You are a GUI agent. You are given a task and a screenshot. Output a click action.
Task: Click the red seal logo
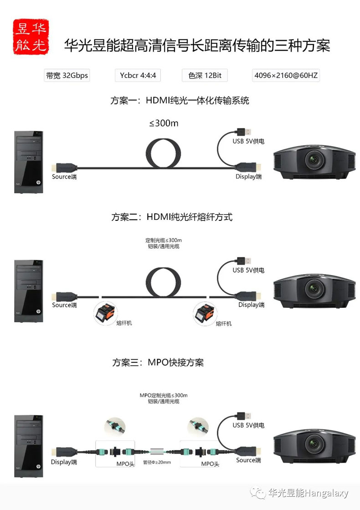[31, 36]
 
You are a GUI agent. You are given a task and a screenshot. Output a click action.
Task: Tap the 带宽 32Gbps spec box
[67, 76]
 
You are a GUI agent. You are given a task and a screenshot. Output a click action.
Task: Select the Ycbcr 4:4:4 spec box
[138, 76]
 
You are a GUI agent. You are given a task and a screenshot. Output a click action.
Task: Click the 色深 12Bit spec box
[205, 76]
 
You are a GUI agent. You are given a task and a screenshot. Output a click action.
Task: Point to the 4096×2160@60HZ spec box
[286, 76]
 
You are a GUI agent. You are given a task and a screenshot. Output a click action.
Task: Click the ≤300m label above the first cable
[164, 123]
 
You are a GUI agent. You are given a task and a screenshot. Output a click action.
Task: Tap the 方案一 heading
[180, 100]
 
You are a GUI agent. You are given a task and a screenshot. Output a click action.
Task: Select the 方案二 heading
[172, 217]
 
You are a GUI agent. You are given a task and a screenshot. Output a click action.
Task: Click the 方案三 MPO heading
[158, 362]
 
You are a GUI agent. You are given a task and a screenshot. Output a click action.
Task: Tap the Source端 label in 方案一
[64, 177]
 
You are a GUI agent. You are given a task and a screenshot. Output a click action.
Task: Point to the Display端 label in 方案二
[251, 305]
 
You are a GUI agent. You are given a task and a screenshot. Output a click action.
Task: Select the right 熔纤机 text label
[224, 324]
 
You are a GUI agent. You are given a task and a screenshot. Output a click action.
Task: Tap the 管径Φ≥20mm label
[157, 462]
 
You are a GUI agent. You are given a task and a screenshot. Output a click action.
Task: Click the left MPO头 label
[125, 464]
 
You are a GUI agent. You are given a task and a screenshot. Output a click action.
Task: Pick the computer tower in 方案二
[29, 291]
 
